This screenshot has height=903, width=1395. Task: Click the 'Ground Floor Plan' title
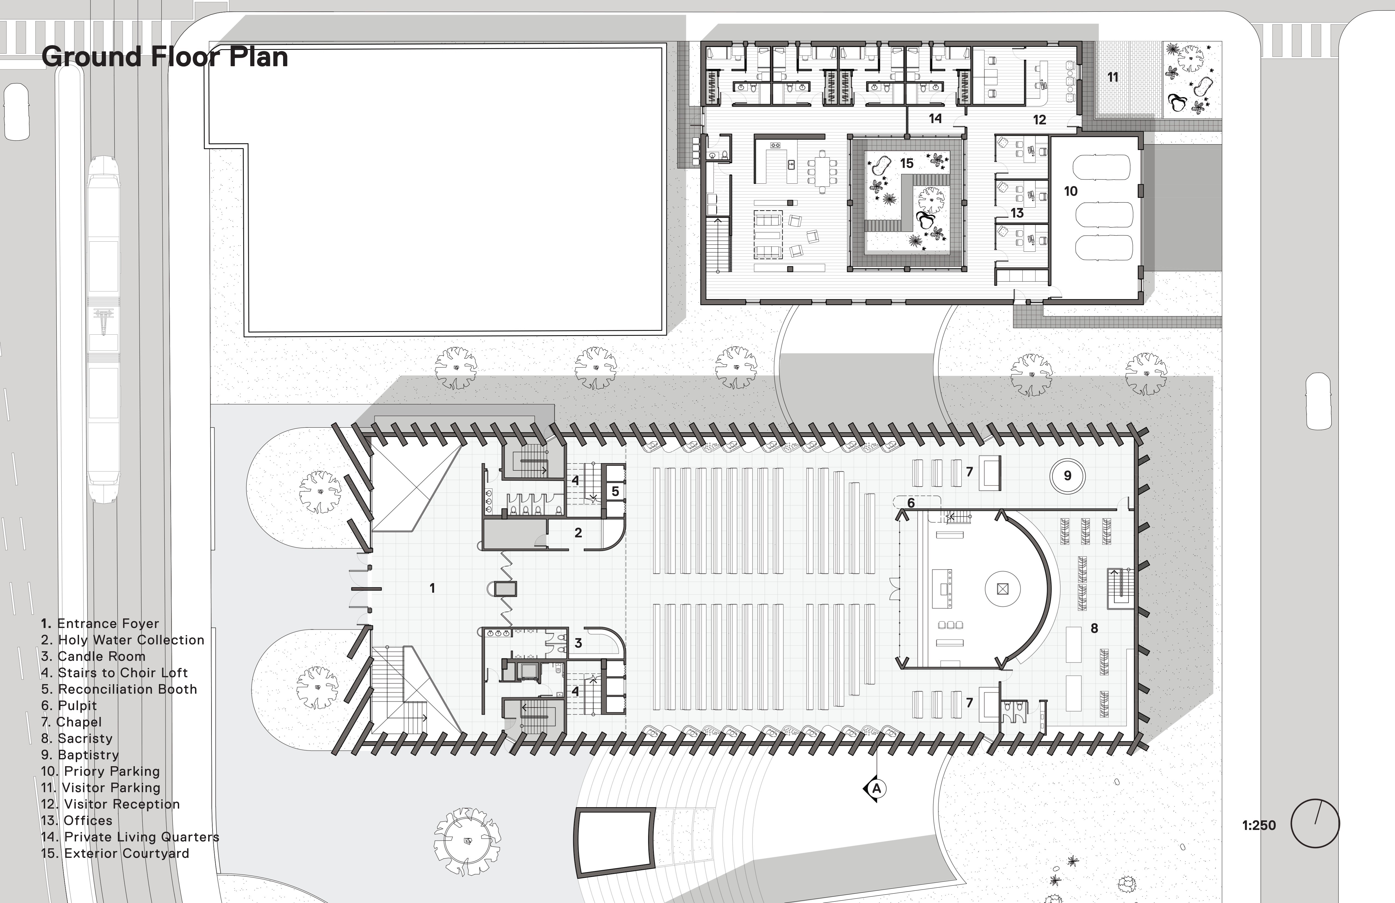click(x=165, y=57)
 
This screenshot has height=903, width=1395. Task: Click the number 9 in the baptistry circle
click(x=1067, y=476)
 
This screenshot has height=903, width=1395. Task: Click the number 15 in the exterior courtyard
click(x=907, y=164)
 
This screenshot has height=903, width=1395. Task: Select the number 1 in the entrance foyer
click(x=432, y=587)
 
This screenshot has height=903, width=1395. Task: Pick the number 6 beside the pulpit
click(x=911, y=503)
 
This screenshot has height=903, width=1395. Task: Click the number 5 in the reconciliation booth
click(x=615, y=491)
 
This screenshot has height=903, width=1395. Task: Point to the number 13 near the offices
click(x=1017, y=213)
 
